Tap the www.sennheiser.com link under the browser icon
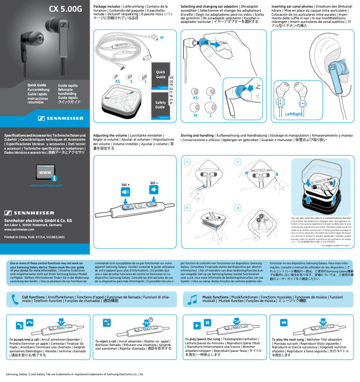click(45, 185)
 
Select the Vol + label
click(126, 185)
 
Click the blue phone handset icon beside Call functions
click(15, 300)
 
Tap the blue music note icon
click(193, 299)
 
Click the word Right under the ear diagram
click(296, 114)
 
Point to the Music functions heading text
click(215, 297)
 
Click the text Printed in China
click(17, 236)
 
